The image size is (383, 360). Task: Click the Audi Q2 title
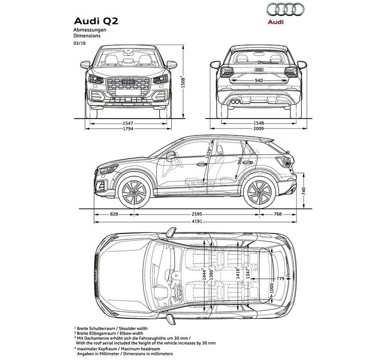click(x=96, y=21)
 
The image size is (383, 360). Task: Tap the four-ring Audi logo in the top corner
click(x=285, y=10)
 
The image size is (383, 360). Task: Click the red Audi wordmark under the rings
click(x=275, y=22)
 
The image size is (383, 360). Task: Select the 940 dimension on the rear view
click(x=258, y=80)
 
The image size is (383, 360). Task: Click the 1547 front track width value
click(x=128, y=123)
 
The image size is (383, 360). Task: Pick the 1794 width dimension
click(x=128, y=128)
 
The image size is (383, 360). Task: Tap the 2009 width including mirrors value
click(x=258, y=128)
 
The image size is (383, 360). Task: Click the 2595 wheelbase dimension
click(x=197, y=214)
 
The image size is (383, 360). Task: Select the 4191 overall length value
click(x=197, y=222)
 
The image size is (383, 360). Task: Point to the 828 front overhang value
click(x=114, y=214)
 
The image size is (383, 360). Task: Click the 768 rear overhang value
click(x=278, y=214)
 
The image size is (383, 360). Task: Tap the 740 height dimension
click(x=304, y=191)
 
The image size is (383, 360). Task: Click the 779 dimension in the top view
click(x=280, y=278)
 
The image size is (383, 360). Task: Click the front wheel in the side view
click(x=134, y=192)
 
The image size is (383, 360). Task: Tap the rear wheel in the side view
click(x=259, y=192)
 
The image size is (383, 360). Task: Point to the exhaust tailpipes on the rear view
click(x=235, y=102)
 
